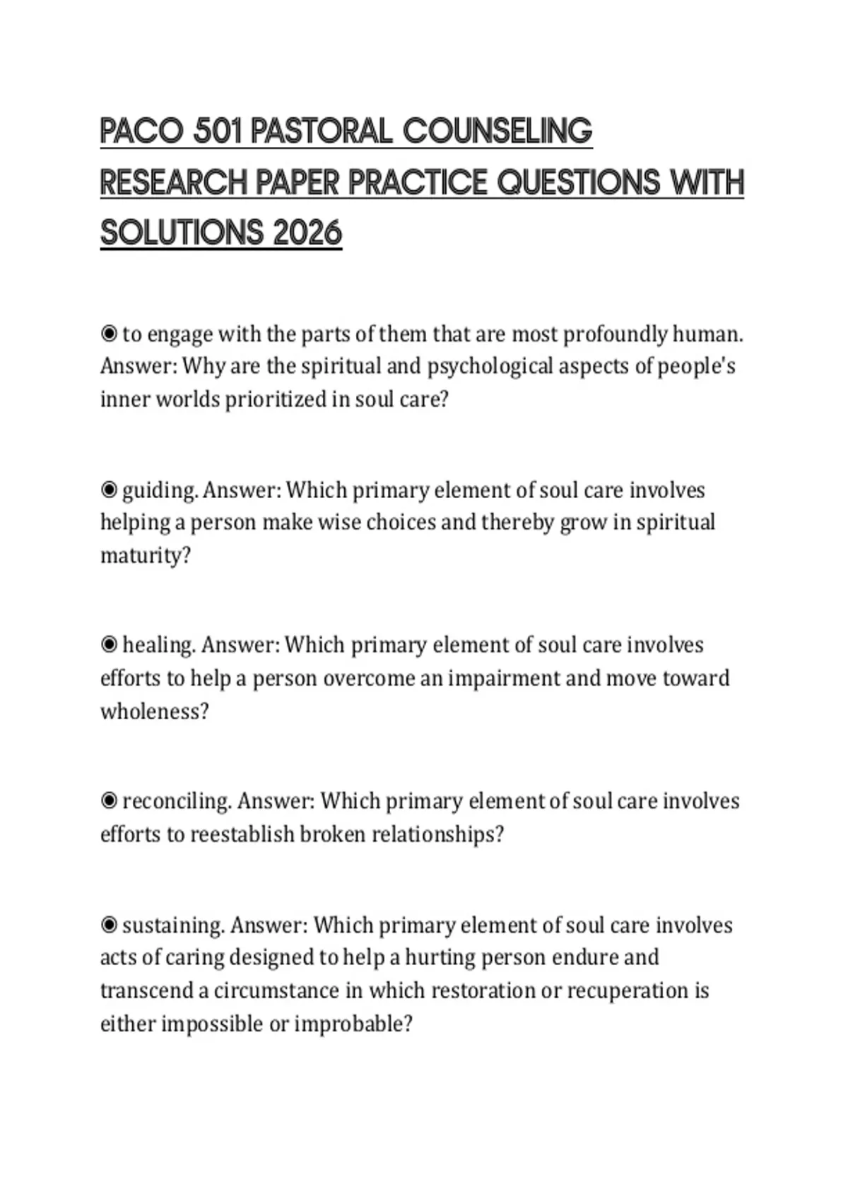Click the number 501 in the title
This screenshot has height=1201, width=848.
pos(216,131)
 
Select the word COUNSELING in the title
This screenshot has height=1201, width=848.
pos(497,131)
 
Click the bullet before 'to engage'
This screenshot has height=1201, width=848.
pos(109,333)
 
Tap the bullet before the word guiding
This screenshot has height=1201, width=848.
pos(109,490)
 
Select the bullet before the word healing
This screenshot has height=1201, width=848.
pos(109,645)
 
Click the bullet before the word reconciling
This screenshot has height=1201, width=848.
pos(109,801)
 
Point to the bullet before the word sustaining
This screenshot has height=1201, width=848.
pos(109,925)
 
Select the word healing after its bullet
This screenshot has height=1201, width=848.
pos(159,646)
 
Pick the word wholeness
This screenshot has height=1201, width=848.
pos(154,711)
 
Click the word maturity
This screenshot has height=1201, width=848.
pos(145,557)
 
